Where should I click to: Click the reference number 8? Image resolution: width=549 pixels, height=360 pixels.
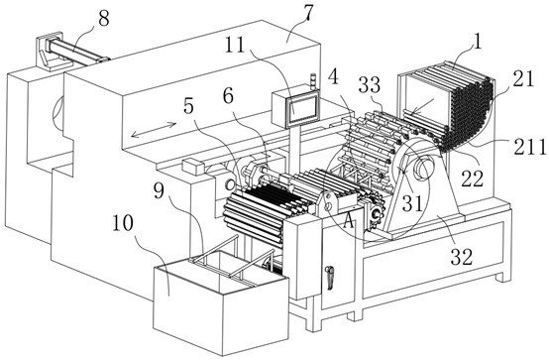click(x=104, y=18)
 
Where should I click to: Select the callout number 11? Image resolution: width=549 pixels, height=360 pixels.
click(x=234, y=46)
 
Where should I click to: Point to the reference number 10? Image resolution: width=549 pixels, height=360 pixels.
click(x=122, y=223)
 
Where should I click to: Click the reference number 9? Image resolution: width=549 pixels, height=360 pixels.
click(x=159, y=190)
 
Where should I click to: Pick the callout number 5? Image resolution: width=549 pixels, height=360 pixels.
click(x=188, y=106)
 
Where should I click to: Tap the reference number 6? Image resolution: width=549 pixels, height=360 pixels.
click(x=228, y=96)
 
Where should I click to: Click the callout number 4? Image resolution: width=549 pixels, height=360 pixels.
click(x=333, y=77)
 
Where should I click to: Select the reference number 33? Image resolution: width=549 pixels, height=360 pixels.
click(x=371, y=85)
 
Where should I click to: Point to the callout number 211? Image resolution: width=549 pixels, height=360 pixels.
click(x=530, y=147)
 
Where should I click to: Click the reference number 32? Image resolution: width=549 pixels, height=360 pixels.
click(x=462, y=257)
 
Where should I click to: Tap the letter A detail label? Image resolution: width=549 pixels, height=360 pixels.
click(x=348, y=221)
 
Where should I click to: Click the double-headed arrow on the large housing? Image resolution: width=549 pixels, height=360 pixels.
click(x=154, y=130)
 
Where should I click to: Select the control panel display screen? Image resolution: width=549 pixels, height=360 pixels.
click(x=302, y=109)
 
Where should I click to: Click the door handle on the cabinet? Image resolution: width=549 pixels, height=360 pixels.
click(x=329, y=278)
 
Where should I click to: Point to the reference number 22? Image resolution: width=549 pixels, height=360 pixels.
click(x=473, y=179)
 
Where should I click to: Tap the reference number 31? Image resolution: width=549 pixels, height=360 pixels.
click(x=412, y=203)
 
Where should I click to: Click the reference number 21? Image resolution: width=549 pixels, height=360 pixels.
click(x=523, y=79)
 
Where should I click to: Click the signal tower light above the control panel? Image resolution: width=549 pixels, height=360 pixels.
click(x=313, y=81)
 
